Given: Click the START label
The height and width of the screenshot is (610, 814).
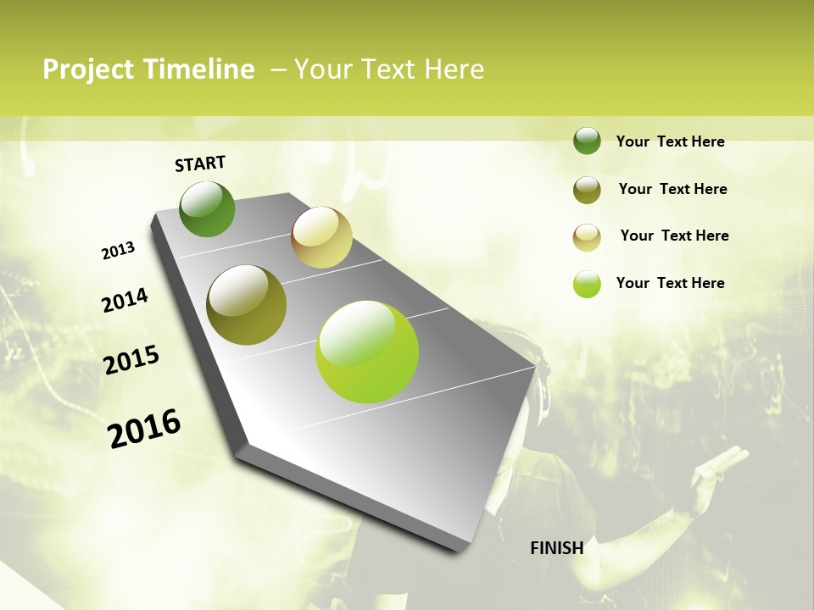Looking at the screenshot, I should (200, 164).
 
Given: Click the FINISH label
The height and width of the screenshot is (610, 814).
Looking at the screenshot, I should (556, 548).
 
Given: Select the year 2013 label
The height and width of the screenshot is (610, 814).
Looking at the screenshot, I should (118, 251).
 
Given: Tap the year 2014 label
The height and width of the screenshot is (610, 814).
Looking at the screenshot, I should (125, 301).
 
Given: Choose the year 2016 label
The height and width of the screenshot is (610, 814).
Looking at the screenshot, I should (144, 428).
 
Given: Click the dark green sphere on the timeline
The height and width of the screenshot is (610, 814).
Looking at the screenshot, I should (207, 209).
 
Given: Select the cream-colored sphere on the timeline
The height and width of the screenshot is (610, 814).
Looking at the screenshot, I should (321, 237).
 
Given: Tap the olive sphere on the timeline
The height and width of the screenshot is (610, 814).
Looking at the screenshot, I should (247, 305).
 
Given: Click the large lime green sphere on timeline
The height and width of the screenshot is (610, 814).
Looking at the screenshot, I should (367, 351).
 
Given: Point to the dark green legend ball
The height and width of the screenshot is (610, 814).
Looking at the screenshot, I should (587, 141).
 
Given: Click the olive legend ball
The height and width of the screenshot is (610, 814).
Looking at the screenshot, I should (587, 190).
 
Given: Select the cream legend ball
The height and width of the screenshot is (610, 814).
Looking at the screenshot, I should (587, 237).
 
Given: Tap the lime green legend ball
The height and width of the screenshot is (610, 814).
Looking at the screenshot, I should (587, 284).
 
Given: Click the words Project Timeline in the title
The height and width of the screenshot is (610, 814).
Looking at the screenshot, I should (148, 69).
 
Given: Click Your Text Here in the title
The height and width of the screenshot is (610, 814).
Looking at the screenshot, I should (389, 69).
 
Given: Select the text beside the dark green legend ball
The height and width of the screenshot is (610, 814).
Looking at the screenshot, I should (670, 141).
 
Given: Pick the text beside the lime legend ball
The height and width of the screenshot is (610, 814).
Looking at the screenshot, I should (670, 283).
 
